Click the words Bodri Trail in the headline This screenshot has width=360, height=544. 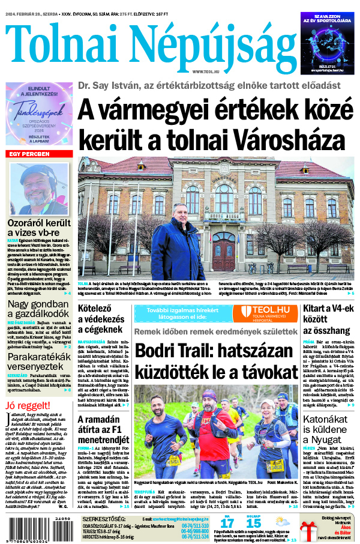point(174,352)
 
